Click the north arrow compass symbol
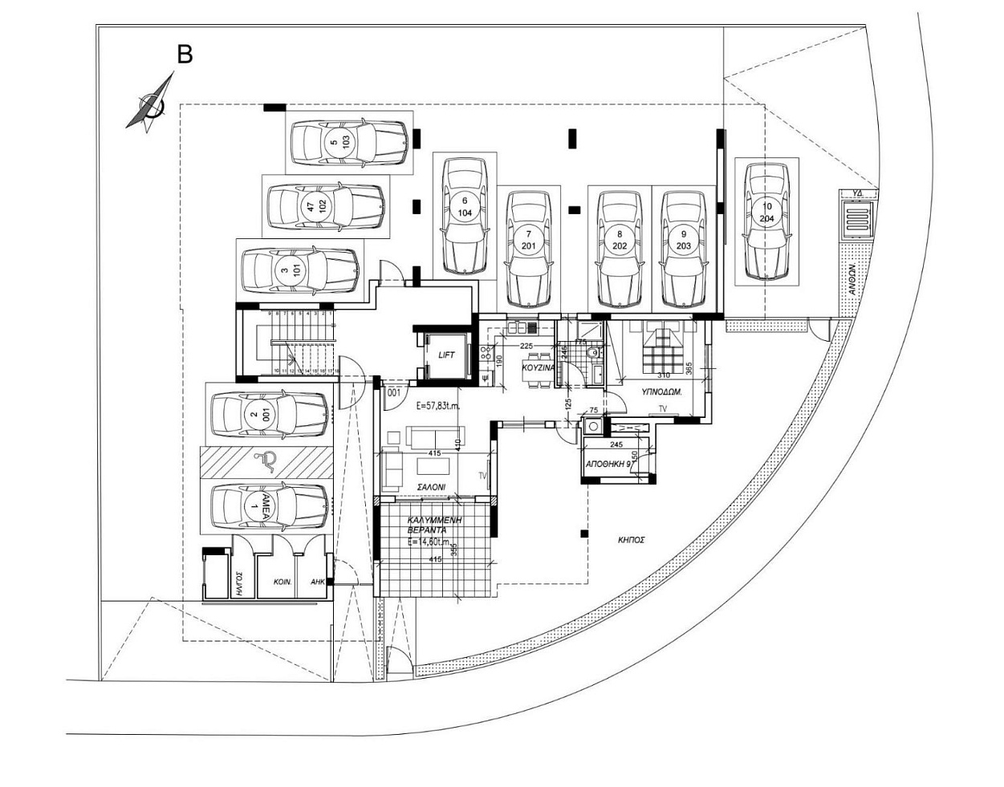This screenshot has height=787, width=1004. pos(150,103)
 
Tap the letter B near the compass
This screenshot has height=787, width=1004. pos(185,55)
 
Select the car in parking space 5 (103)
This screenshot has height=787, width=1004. pos(348,142)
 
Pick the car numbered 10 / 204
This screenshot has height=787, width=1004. pos(766,221)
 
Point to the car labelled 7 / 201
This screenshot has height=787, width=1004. pos(529,248)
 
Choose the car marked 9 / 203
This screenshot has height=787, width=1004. pos(684,248)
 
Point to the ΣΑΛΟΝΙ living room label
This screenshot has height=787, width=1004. pos(432,487)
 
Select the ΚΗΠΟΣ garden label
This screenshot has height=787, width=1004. pos(632,540)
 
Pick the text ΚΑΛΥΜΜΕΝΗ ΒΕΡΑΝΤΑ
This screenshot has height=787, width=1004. pos(426,526)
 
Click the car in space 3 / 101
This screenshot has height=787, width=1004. pos(299,271)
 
